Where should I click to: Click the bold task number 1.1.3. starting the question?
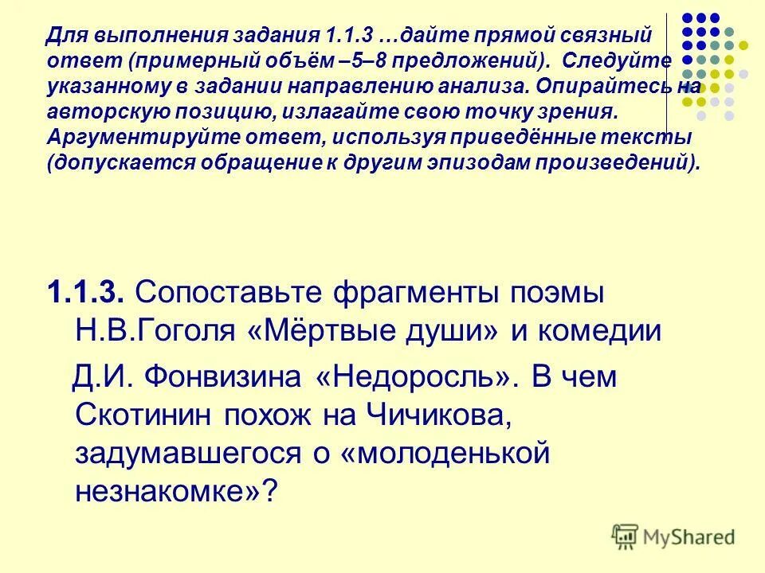tap(84, 292)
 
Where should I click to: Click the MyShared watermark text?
tap(690, 536)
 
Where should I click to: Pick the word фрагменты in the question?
tap(414, 292)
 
